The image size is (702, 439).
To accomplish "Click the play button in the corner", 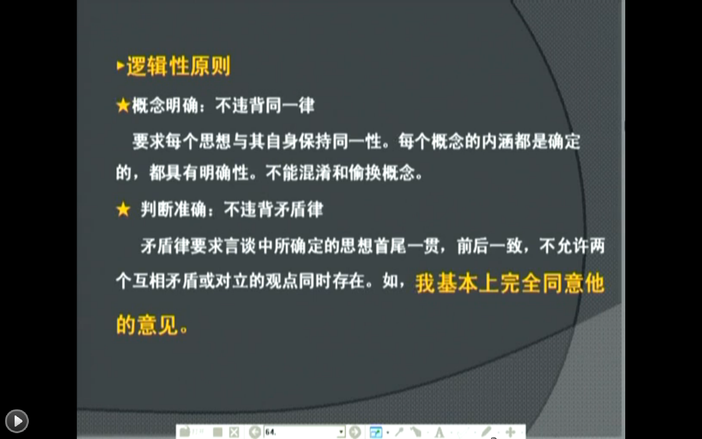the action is (x=17, y=421).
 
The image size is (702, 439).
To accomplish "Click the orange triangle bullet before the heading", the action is (x=121, y=66).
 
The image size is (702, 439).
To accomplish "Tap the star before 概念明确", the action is (x=123, y=106).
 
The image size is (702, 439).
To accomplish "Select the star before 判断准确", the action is (x=123, y=210).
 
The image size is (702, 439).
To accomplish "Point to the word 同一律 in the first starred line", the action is (x=290, y=106).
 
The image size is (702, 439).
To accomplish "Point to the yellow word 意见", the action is (x=158, y=325).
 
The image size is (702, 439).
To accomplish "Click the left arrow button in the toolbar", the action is (x=255, y=432).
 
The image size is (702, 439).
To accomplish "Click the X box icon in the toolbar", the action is (x=234, y=432).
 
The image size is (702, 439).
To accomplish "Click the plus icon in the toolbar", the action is (x=510, y=432).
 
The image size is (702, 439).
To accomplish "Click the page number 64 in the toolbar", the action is (x=271, y=432).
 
